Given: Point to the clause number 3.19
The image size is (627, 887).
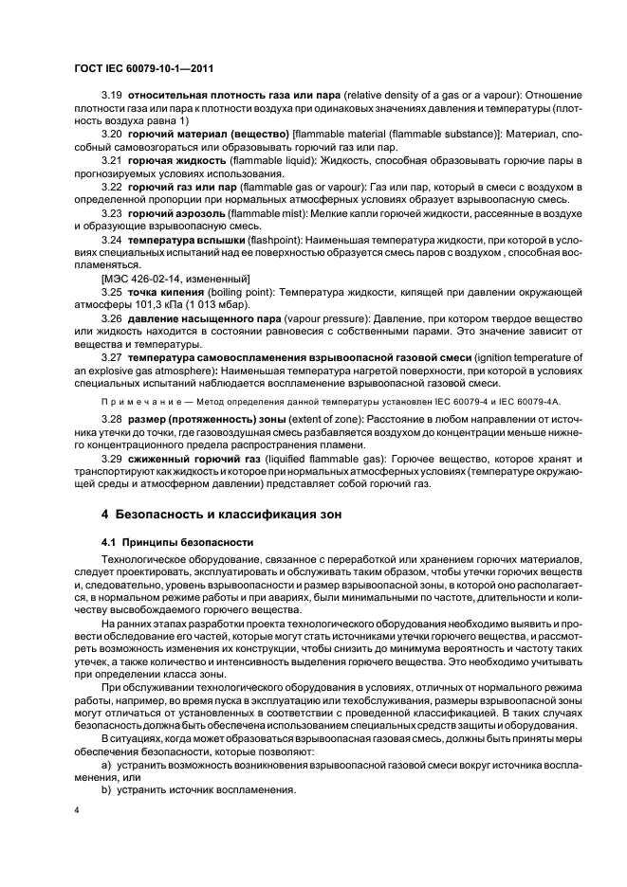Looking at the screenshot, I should [x=113, y=96].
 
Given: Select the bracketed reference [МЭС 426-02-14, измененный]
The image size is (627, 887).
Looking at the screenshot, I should [x=175, y=280].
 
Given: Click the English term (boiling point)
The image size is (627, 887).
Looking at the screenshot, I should [x=249, y=293].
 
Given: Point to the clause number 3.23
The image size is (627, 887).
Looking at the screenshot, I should [x=113, y=215].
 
